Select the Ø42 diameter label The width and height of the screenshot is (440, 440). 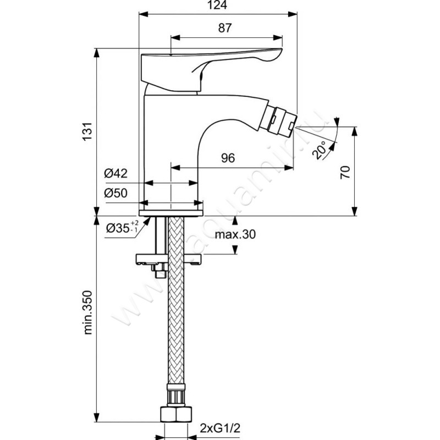pos(116,174)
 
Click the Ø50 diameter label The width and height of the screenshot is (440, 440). pos(116,194)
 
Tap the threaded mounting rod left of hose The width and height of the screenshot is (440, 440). pos(159,242)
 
